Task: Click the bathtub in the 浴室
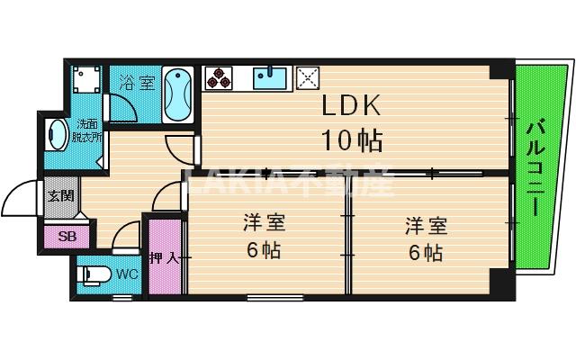click(x=177, y=96)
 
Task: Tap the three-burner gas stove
click(x=219, y=78)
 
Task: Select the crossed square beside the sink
click(x=308, y=77)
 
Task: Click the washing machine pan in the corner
click(x=85, y=78)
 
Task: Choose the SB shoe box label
click(x=67, y=237)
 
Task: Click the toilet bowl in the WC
click(x=95, y=274)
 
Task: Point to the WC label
click(x=126, y=274)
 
